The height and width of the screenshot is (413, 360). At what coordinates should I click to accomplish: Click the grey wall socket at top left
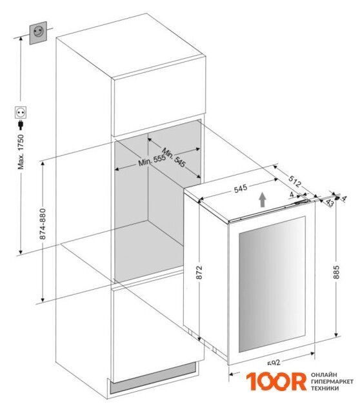38,33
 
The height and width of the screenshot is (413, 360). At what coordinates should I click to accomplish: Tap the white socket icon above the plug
21,112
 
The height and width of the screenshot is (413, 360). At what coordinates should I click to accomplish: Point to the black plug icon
21,125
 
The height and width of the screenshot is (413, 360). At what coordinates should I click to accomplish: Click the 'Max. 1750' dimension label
21,152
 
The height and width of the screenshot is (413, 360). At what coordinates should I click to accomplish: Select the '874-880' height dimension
43,224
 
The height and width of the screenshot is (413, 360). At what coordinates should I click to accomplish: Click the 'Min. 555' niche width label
152,160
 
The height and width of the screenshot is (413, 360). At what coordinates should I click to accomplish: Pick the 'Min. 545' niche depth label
174,157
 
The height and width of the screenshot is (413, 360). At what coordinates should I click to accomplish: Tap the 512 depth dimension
294,181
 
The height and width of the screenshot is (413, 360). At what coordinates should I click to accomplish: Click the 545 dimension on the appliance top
241,188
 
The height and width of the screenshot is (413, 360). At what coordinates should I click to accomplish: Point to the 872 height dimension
199,272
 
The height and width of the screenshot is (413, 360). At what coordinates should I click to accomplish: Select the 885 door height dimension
336,272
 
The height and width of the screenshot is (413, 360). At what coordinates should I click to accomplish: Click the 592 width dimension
274,363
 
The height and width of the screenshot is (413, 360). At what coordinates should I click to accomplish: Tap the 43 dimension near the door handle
330,203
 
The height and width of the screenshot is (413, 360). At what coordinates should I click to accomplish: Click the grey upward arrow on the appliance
262,199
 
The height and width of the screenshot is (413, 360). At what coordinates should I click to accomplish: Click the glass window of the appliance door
272,284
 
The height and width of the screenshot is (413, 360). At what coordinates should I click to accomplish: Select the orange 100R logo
277,381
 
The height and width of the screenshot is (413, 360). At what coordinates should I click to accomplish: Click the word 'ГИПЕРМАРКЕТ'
332,381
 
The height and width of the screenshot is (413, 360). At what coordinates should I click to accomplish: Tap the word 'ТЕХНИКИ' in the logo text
325,388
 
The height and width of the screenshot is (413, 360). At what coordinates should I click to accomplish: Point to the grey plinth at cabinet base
153,379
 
